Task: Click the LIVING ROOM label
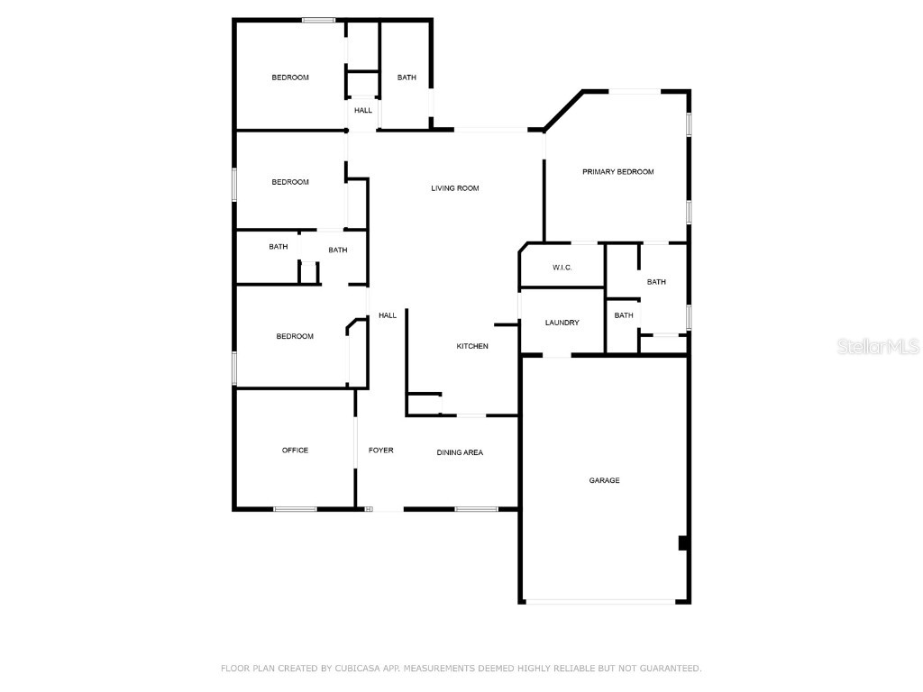point(454,188)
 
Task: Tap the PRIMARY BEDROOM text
point(617,171)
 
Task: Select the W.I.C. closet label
point(562,268)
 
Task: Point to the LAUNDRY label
point(562,323)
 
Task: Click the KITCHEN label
point(471,346)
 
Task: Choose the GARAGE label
point(604,480)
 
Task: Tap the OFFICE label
point(295,450)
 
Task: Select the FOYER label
point(380,450)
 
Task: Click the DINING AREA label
point(460,452)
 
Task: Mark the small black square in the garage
point(682,542)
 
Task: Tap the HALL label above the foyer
point(387,315)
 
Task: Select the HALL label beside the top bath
point(362,111)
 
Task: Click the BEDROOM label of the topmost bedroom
point(290,77)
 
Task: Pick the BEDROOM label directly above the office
point(295,336)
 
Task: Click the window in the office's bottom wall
point(295,509)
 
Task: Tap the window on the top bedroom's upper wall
point(318,20)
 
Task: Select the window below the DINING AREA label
point(476,509)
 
